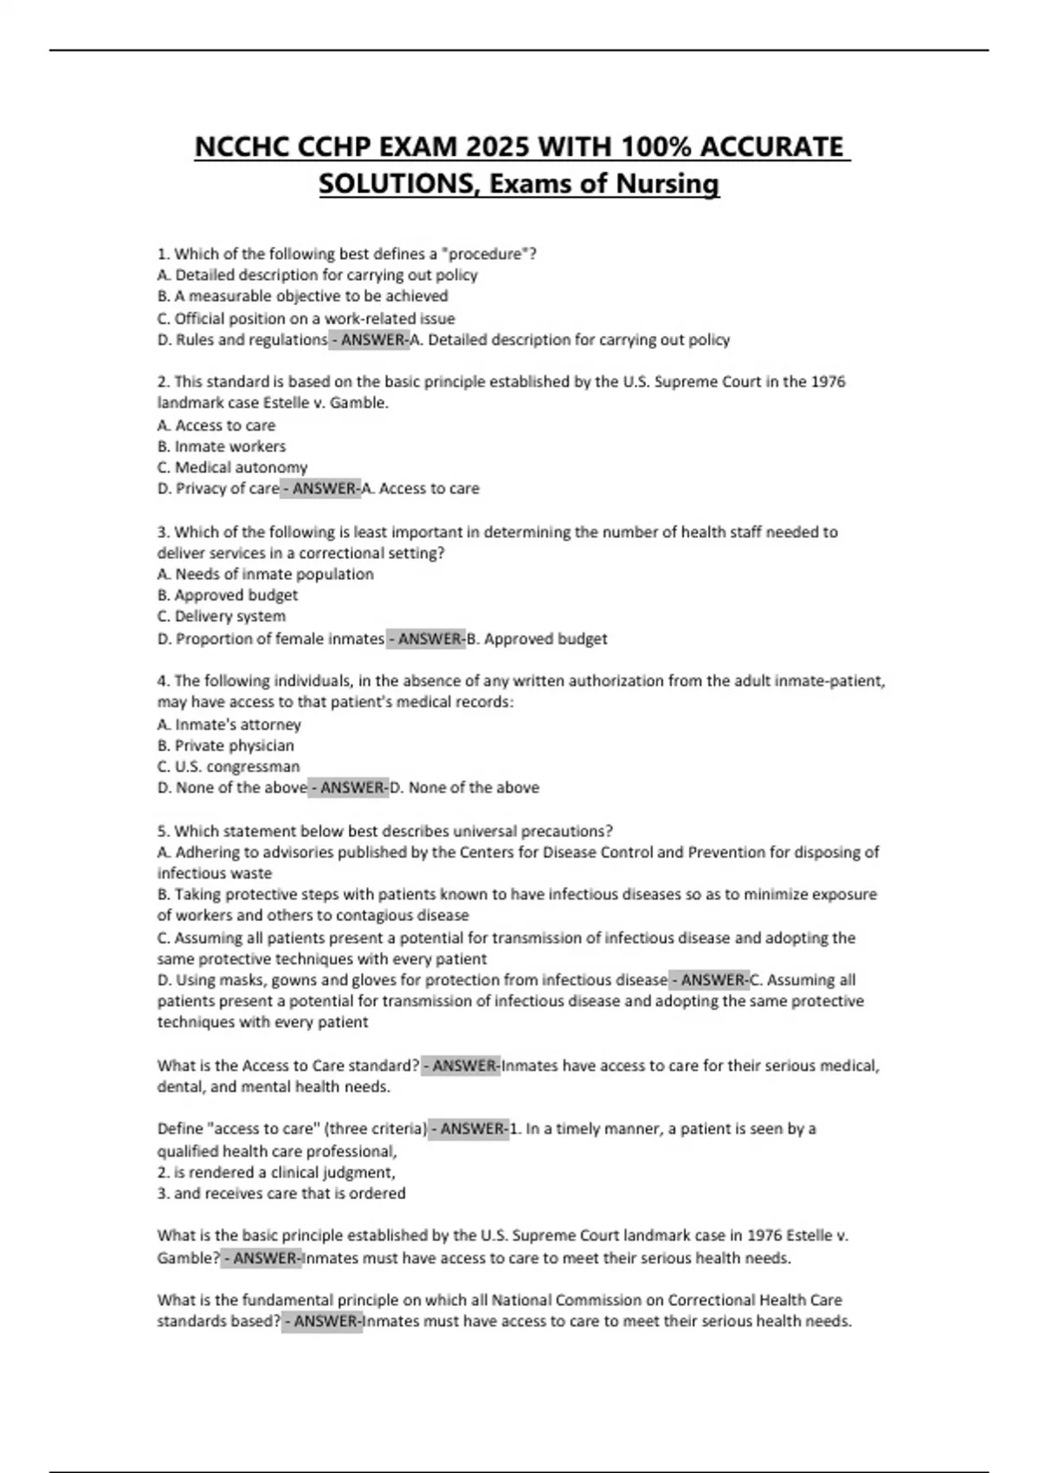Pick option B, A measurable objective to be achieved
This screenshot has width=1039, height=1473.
coord(303,296)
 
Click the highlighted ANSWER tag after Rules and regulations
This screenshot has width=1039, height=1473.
coord(370,340)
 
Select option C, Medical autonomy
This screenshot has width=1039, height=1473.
coord(232,467)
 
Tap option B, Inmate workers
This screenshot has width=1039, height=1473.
coord(222,446)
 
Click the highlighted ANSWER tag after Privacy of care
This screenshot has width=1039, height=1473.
coord(321,489)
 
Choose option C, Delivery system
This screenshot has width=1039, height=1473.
coord(222,616)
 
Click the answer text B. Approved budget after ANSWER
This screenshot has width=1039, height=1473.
coord(537,639)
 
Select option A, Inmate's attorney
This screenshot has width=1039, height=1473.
coord(229,724)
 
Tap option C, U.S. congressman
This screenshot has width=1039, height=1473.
coord(229,767)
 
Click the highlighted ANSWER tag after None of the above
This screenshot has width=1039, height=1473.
coord(349,788)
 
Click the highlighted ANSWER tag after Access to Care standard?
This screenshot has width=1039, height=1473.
coord(461,1066)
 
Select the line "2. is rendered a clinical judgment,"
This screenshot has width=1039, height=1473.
coord(276,1172)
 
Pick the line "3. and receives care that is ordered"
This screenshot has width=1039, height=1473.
coord(281,1193)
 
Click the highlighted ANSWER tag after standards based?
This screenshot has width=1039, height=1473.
coord(322,1321)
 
